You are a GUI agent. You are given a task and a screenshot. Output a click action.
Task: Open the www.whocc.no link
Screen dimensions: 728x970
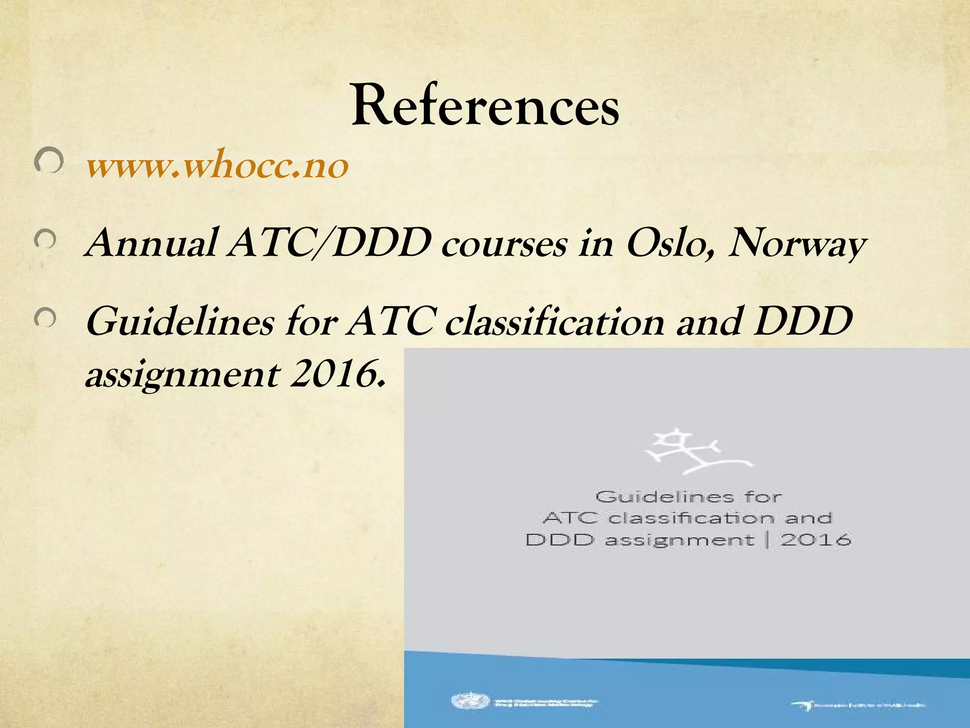(217, 166)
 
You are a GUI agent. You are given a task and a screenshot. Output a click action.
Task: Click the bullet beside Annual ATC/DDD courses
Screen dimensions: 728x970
(45, 241)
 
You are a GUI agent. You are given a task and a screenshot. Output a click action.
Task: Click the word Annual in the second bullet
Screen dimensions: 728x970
(151, 244)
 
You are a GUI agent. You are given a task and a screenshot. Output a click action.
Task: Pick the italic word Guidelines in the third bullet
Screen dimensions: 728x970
(180, 322)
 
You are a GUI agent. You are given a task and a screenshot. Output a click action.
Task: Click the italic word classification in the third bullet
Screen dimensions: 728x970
(555, 322)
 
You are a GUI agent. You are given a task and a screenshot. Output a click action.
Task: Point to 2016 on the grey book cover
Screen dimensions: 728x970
(816, 539)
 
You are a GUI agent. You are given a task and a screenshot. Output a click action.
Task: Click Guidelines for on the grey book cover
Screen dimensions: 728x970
(689, 497)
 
